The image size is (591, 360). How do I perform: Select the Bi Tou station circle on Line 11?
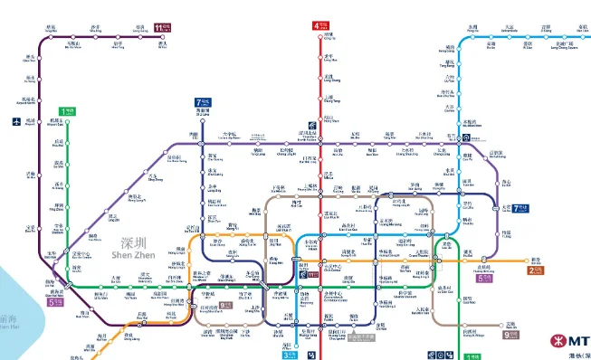(x=163, y=39)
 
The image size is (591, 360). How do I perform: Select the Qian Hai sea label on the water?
(x=8, y=322)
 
